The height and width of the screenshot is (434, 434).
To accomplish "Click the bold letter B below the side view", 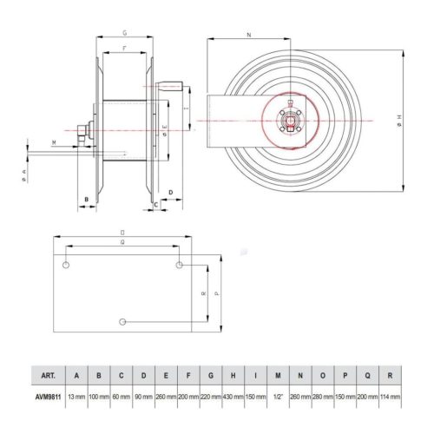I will (85, 200).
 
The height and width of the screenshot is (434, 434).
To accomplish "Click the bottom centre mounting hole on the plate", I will (123, 322).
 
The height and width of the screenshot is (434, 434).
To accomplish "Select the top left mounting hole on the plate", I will (67, 262).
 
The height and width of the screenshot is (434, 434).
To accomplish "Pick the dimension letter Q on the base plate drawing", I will (122, 244).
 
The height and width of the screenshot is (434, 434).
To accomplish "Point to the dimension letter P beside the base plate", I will (215, 293).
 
